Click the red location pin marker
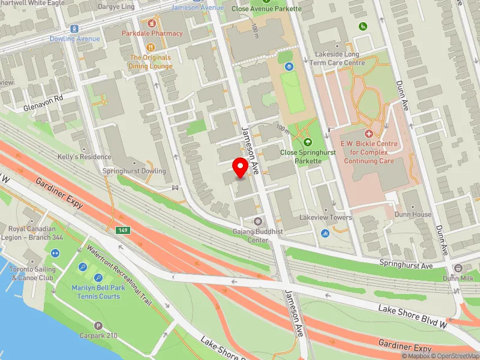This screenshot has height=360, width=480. coord(241,167)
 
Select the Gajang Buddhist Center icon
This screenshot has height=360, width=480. coord(259,221)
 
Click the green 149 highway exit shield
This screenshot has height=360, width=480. coord(122,230)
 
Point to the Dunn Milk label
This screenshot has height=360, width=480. coord(459,278)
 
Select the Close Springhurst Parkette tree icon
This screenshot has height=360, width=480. coord(308,142)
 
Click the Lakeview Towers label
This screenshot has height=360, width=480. coord(325,218)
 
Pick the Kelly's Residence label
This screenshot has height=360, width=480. coord(92,157)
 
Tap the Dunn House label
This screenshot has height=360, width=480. coord(413,214)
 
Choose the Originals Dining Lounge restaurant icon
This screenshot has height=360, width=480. coord(151,47)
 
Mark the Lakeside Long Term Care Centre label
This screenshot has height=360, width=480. coord(340,58)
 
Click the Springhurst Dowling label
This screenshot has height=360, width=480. coord(134,172)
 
